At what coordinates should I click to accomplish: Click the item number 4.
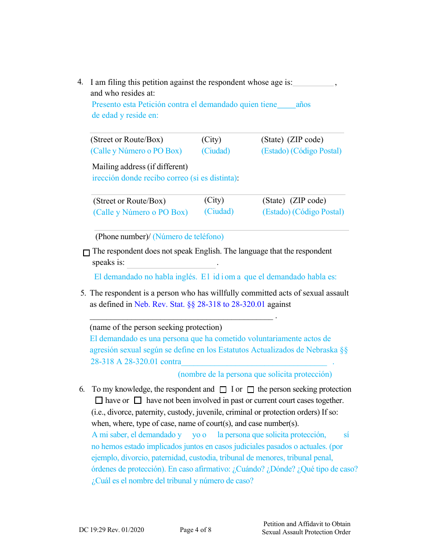[80, 82]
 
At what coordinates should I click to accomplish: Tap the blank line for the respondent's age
[313, 83]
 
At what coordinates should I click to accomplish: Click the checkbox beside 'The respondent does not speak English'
[87, 253]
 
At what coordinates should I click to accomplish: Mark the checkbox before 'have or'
[99, 400]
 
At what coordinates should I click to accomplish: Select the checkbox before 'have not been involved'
[138, 400]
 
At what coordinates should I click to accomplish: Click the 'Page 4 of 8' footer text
[195, 530]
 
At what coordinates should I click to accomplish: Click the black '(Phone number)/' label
[122, 236]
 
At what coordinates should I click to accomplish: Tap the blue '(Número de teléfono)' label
[188, 236]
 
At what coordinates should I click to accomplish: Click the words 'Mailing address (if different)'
[140, 166]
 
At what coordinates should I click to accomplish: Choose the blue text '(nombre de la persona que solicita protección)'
[255, 374]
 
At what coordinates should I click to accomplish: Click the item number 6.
[82, 389]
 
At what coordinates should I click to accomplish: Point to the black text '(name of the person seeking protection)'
[156, 327]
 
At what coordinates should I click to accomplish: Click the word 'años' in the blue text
[303, 104]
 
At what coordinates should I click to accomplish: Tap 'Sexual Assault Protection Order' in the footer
[306, 532]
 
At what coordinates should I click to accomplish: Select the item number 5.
[83, 293]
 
